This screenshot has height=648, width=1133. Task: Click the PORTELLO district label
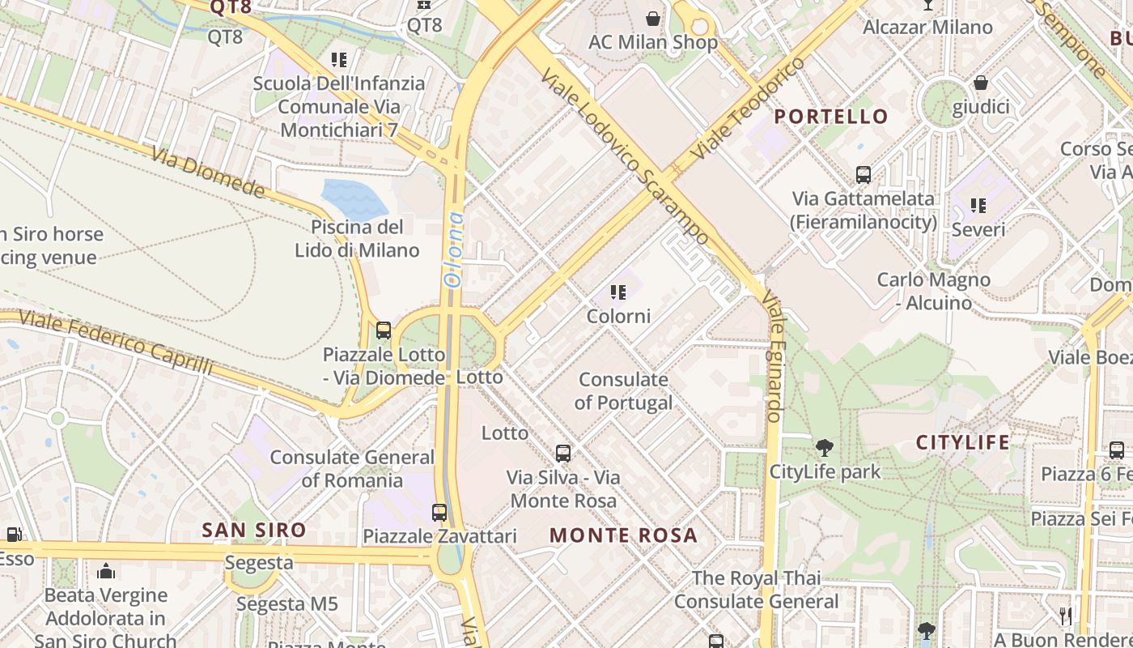pos(831,117)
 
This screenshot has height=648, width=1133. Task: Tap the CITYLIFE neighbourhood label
pos(963,442)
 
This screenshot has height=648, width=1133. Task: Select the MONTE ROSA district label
pos(623,535)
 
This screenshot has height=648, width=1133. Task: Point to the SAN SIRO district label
pos(254,531)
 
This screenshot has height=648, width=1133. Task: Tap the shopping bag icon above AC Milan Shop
pos(653,18)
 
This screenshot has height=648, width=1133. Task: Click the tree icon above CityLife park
pos(825,447)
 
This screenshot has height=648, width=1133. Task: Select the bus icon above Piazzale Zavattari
pos(439,512)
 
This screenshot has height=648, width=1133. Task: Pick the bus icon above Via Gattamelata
pos(864,174)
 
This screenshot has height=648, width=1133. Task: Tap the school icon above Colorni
pos(618,292)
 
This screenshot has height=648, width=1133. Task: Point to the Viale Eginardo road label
pos(774,356)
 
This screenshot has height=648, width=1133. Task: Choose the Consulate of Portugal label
pos(623,391)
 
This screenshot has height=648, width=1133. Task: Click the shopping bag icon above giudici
pos(981,83)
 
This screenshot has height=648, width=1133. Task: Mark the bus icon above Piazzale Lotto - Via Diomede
pos(384,330)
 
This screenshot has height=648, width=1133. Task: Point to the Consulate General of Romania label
pos(352,468)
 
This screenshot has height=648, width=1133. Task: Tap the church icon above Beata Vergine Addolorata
pos(106,572)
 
